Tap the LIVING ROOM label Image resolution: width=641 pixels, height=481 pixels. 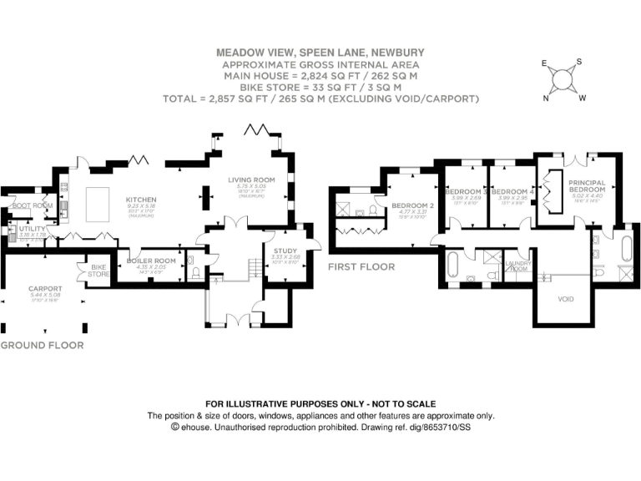251,180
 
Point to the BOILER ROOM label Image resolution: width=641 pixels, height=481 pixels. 151,261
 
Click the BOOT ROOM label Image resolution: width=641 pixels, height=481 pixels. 32,205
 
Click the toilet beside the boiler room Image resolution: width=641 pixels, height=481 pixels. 194,271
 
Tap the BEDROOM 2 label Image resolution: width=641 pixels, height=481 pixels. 413,205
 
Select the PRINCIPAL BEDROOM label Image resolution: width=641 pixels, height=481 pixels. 587,185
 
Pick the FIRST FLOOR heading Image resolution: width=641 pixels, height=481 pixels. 361,267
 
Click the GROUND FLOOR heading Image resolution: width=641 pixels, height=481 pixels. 42,345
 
